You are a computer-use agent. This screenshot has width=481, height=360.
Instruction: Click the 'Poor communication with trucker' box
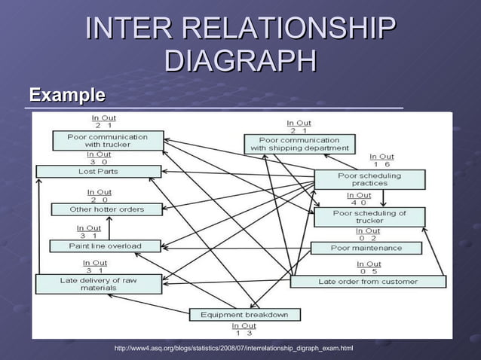[108, 141]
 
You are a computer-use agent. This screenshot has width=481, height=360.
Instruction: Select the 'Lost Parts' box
[99, 172]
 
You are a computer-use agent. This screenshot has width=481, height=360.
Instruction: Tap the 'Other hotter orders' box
[106, 209]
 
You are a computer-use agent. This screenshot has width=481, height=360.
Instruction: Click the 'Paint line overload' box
[106, 246]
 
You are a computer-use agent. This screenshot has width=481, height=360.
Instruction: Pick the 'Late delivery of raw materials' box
[98, 284]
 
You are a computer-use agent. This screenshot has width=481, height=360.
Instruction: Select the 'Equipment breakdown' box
[244, 314]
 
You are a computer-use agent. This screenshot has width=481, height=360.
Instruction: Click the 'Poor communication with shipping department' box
[299, 144]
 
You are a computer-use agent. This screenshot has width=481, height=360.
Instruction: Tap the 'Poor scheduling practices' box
[369, 179]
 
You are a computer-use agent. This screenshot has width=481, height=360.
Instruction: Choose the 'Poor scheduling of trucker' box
[369, 217]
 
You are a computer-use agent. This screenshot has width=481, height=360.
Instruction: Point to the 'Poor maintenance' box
[366, 248]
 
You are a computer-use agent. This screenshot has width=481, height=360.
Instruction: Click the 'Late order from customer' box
[368, 282]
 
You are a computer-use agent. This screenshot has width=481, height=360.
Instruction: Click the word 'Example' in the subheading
[67, 96]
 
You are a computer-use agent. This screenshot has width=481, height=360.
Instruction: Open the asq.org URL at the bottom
[233, 349]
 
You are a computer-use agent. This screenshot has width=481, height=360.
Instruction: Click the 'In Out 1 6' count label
[381, 160]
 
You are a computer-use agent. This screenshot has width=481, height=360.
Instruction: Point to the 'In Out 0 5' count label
[369, 268]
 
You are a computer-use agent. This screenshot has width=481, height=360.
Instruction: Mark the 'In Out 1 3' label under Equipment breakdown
[244, 329]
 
